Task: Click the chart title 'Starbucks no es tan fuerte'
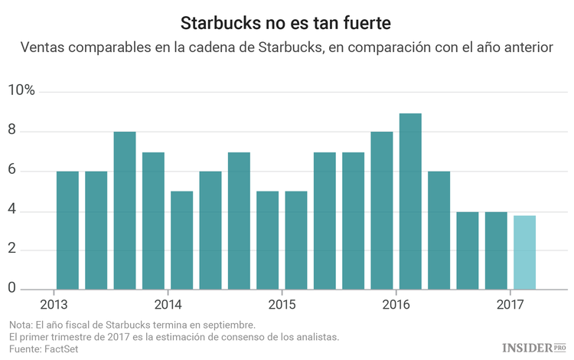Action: (x=286, y=18)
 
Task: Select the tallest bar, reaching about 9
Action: (x=410, y=201)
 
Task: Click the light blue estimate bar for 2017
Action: (x=524, y=253)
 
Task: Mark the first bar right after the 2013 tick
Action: (x=67, y=231)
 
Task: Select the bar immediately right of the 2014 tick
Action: (x=181, y=241)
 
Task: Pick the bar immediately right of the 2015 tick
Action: (x=296, y=241)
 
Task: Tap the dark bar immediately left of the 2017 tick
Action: (x=496, y=250)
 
